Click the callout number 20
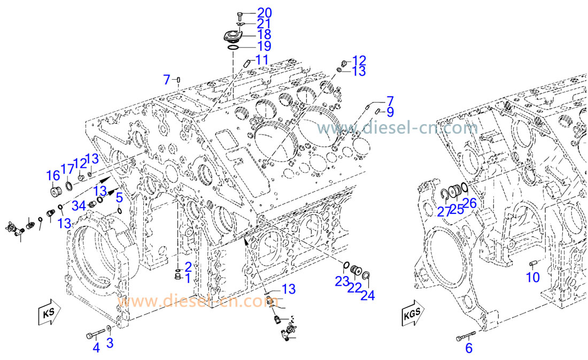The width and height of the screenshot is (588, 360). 265,12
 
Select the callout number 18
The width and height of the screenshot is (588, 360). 265,34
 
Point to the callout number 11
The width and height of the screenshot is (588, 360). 261,60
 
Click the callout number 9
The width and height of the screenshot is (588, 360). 390,112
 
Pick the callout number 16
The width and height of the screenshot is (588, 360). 53,175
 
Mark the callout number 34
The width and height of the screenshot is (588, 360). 79,205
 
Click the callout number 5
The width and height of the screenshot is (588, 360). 120,197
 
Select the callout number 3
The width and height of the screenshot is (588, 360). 110,343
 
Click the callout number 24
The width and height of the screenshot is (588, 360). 367,295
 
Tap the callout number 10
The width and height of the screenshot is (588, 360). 533,277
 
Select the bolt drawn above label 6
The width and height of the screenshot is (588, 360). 465,337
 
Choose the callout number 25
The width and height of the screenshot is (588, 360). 457,210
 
